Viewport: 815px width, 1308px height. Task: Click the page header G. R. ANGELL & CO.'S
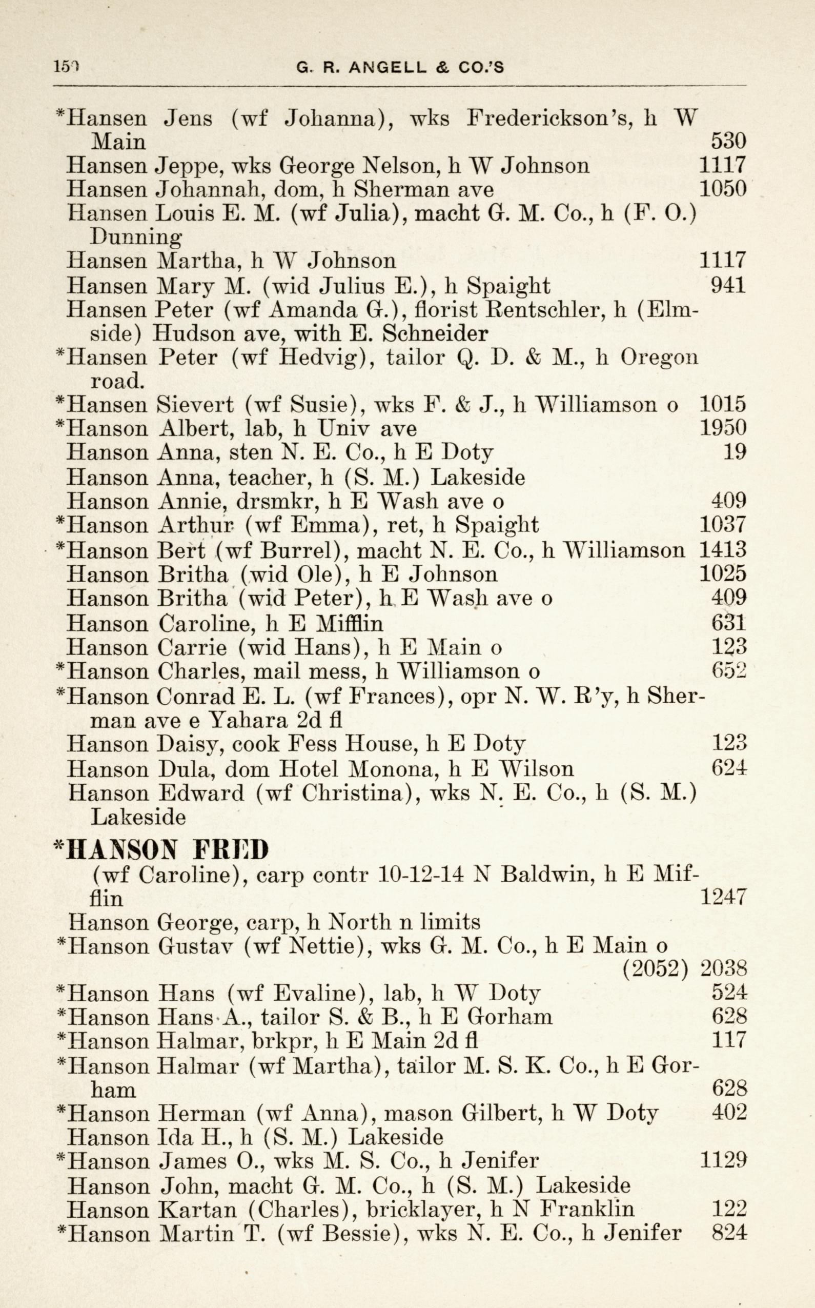400,67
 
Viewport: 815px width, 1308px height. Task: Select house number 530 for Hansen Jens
728,142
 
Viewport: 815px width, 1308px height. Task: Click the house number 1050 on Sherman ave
722,189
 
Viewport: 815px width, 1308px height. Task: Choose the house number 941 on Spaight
728,285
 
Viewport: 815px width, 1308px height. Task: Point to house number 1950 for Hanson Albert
722,428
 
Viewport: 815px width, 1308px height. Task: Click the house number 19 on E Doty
735,451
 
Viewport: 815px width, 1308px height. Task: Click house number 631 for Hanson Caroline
729,624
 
